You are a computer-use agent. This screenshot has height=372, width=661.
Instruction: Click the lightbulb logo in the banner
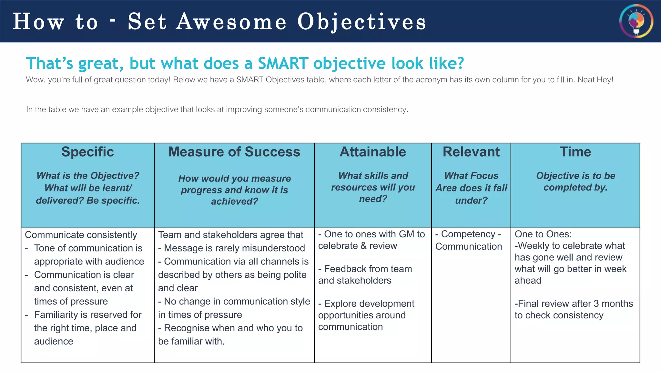636,21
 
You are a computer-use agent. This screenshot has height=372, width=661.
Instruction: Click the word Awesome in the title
231,22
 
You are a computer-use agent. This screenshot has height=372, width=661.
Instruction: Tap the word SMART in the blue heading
283,63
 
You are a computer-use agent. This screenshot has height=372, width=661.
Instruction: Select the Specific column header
87,152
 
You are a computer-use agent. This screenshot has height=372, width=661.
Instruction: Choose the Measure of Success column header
234,152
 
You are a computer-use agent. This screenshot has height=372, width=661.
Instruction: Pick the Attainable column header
373,152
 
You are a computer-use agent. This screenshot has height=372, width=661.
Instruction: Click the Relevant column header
471,152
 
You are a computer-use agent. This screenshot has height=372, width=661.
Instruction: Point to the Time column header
575,152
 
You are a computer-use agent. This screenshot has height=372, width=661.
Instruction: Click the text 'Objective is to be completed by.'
575,181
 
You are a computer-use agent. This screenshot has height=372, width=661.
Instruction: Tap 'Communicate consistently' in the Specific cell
81,235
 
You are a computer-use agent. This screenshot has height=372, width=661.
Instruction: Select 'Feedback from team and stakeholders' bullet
365,274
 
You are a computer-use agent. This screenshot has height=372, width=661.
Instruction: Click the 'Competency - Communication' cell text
468,240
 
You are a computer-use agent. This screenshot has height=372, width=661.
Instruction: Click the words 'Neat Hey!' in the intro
595,80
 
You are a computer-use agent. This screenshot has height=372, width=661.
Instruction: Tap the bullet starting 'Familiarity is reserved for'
87,315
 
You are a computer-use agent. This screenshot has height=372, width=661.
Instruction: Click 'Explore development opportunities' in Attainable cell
366,309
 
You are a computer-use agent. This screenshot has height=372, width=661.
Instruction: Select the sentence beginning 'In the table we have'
217,109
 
